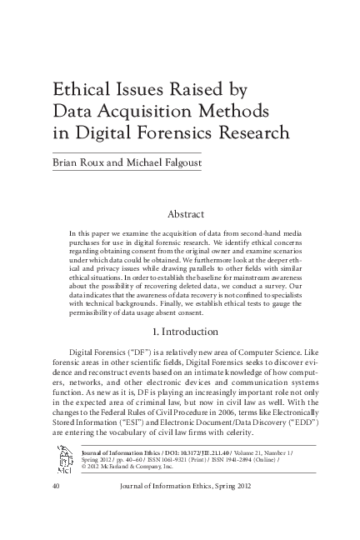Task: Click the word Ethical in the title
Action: (x=79, y=91)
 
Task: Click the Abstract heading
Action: (x=192, y=213)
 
